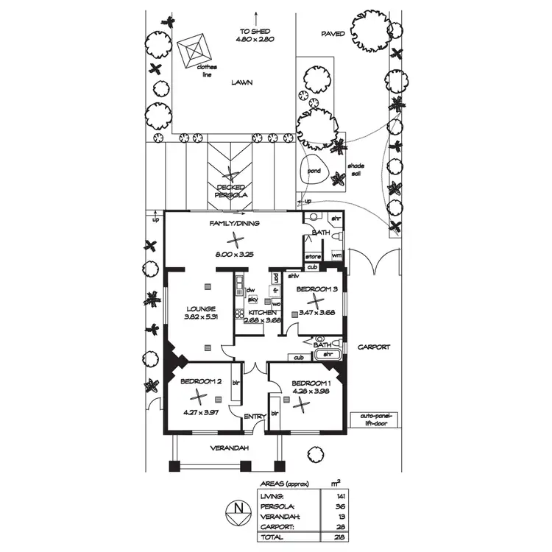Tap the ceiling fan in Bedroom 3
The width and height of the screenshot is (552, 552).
(315, 300)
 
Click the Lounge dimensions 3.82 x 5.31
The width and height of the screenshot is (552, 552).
(201, 318)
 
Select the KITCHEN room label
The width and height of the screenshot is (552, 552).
(263, 312)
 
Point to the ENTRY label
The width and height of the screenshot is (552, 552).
(255, 417)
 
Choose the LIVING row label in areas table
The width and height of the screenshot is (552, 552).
(271, 496)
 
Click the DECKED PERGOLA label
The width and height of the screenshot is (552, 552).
(231, 191)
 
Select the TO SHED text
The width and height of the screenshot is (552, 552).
(255, 31)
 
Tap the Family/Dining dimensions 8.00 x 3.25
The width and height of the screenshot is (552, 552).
(234, 254)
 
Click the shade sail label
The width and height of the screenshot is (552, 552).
(356, 169)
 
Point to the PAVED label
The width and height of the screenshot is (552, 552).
(333, 34)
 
